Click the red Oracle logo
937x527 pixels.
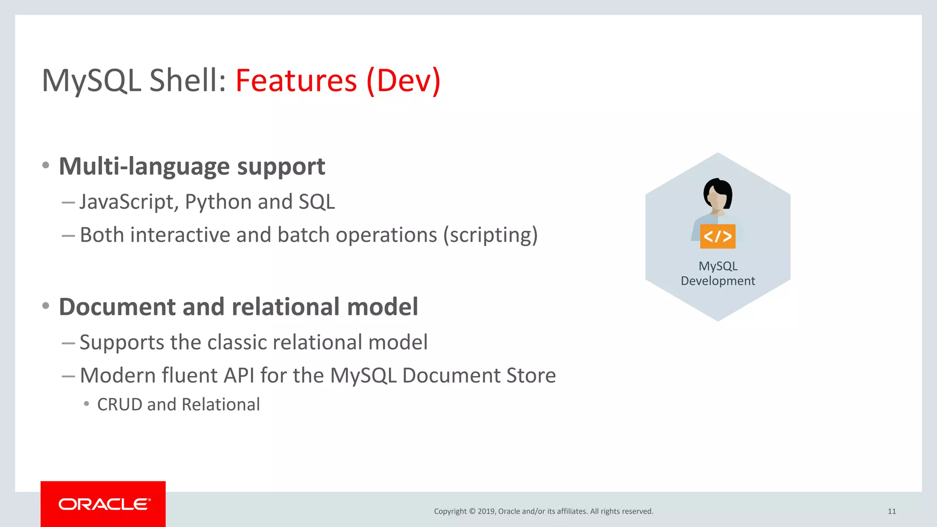coord(103,504)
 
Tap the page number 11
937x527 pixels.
coord(892,511)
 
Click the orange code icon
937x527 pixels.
coord(717,237)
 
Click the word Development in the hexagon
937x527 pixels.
coord(717,281)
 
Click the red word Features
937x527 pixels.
coord(296,81)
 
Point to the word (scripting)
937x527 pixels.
coord(490,235)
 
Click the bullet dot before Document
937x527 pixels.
coord(46,306)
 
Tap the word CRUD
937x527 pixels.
coord(120,404)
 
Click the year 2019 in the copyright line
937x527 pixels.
coord(486,511)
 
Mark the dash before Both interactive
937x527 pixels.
coord(68,236)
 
